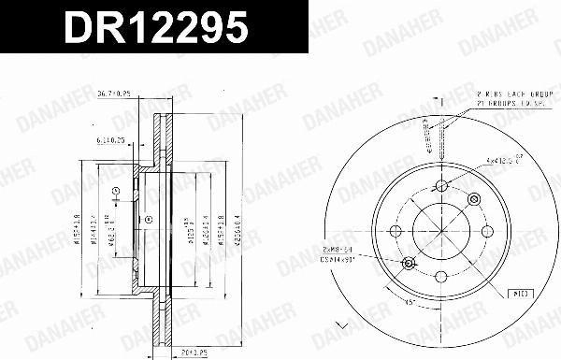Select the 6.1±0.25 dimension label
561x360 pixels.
pyautogui.click(x=111, y=140)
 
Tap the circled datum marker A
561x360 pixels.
pyautogui.click(x=115, y=194)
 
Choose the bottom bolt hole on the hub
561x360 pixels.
pyautogui.click(x=439, y=276)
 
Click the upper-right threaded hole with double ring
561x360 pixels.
pyautogui.click(x=470, y=198)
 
